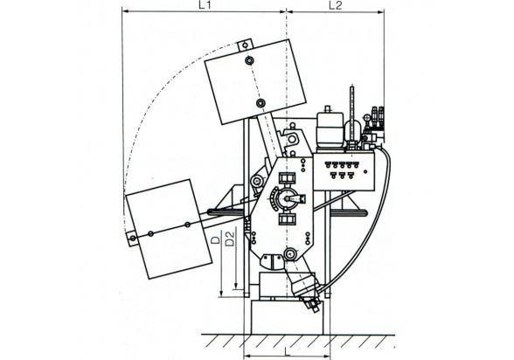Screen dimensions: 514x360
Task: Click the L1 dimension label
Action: tap(204, 5)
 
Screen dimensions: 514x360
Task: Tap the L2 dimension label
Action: tap(336, 5)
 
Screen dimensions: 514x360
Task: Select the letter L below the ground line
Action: tap(287, 352)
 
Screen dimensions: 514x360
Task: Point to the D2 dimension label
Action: tap(231, 239)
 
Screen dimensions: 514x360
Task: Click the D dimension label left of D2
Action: tap(215, 239)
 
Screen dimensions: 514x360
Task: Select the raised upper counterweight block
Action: tap(255, 81)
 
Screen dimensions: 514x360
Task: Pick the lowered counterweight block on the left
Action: tap(169, 229)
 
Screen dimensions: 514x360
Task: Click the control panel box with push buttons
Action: tap(344, 171)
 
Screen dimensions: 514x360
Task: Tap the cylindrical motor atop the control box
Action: tap(330, 129)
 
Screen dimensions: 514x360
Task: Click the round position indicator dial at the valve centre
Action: tap(287, 198)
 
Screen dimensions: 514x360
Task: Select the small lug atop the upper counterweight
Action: tap(245, 45)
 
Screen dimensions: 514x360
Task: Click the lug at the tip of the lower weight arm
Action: tap(133, 239)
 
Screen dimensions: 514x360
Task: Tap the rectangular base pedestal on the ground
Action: tap(287, 317)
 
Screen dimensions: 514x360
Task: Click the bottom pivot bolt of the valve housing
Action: tap(290, 253)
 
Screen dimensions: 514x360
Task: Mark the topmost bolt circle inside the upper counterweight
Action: tap(249, 60)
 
